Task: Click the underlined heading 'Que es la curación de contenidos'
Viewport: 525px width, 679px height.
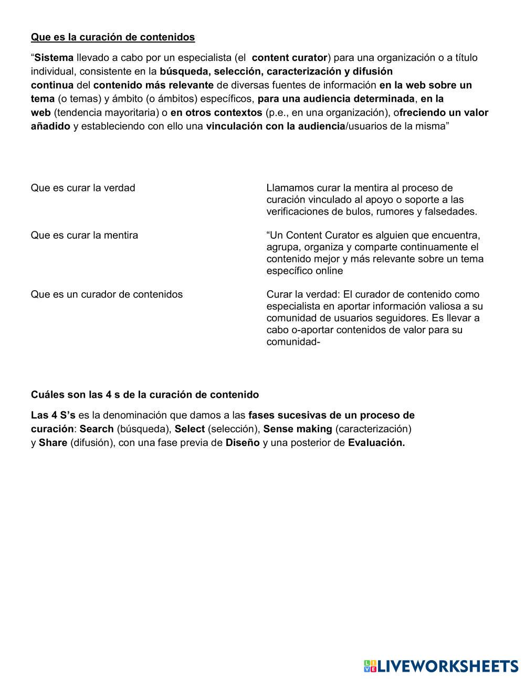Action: pos(113,37)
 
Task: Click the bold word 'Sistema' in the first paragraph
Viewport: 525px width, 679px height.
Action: pos(54,57)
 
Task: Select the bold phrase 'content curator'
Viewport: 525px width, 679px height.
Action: pos(290,57)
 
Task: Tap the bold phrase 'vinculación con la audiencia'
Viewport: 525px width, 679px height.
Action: pos(276,126)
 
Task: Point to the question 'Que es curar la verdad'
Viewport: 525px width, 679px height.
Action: pos(83,188)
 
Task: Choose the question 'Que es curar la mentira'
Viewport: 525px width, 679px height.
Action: pos(85,235)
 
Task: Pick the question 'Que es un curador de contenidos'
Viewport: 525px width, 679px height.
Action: pos(107,294)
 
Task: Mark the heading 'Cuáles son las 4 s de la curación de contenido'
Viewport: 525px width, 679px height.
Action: pos(145,394)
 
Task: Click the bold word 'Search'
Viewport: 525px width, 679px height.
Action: pos(97,429)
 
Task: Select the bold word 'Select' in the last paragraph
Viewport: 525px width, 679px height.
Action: pos(190,429)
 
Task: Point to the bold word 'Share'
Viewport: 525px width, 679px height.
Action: pos(53,442)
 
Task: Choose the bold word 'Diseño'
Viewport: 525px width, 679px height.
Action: pos(243,442)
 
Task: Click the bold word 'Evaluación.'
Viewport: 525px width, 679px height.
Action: pos(376,442)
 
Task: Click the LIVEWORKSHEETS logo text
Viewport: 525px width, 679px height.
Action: pos(448,666)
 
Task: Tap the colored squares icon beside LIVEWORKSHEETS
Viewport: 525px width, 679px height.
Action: pos(370,666)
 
